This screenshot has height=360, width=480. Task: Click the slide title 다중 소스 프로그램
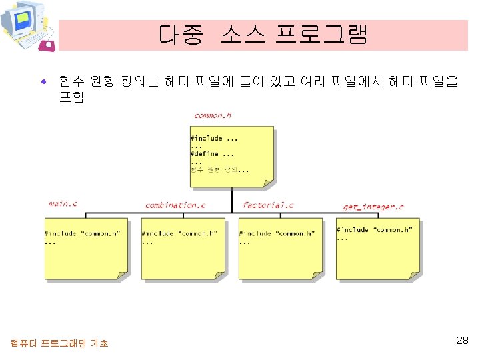tap(263, 35)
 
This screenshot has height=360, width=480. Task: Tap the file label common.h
tap(213, 115)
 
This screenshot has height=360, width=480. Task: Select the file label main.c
tap(63, 203)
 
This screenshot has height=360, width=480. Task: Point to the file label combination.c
tap(175, 205)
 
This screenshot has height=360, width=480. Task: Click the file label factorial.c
tap(268, 205)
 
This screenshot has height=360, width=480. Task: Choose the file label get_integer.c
tap(373, 207)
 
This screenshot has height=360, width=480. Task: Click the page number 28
tap(462, 341)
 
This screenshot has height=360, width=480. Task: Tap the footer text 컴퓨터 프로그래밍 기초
tap(59, 343)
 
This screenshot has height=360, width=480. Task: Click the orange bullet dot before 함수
tap(43, 83)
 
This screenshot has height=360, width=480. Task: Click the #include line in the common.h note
tap(214, 139)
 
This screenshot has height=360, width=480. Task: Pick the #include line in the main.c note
tap(83, 234)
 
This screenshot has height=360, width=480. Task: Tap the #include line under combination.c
tap(180, 234)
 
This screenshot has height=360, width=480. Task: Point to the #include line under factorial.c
tap(277, 234)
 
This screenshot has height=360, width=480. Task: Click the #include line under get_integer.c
tap(374, 230)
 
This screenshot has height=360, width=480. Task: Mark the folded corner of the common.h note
tap(268, 181)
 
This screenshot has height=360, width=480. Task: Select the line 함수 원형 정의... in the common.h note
tap(219, 169)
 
